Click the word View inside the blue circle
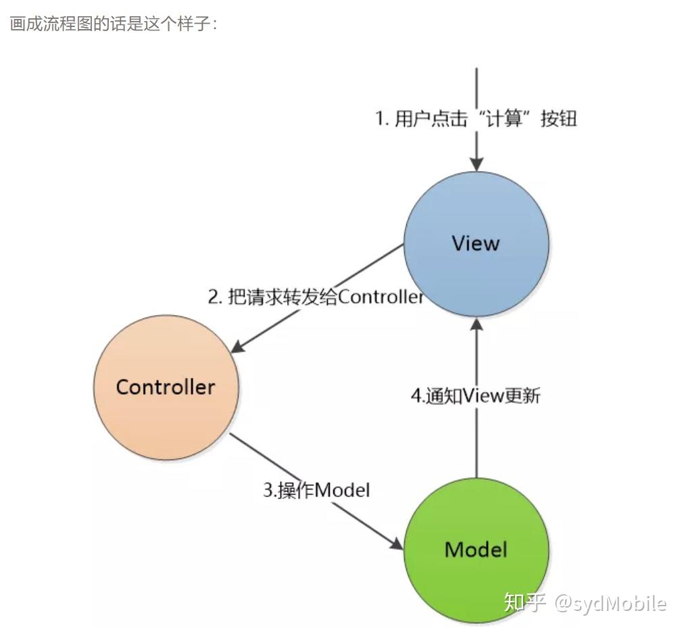click(476, 243)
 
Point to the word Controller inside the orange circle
click(166, 387)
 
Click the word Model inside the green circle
click(476, 550)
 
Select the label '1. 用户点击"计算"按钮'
click(476, 119)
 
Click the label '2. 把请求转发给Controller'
click(316, 297)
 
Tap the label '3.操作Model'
click(316, 489)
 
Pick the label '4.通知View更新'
click(476, 396)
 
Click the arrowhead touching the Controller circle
click(238, 347)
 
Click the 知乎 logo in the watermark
click(525, 602)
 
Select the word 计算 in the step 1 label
click(503, 119)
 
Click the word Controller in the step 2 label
click(381, 297)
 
